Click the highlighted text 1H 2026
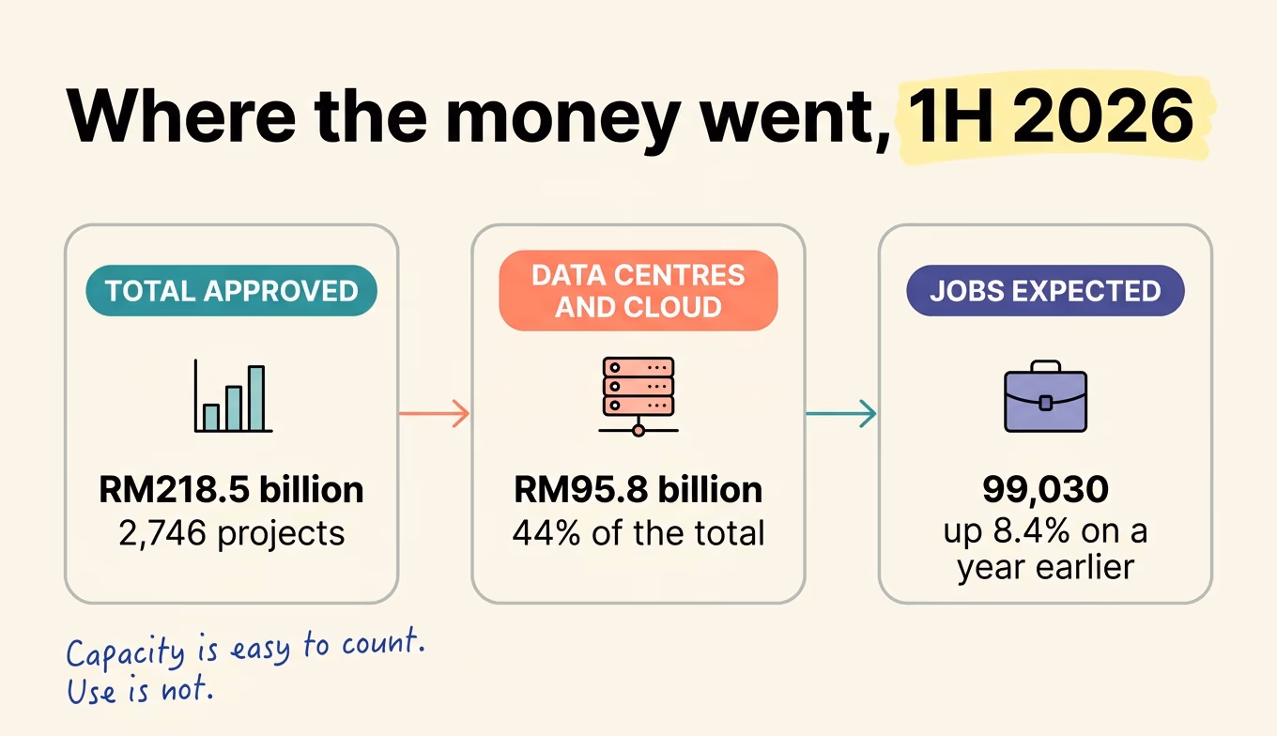coord(1050,115)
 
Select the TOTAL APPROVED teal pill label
coord(231,291)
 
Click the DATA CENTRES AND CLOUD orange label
coord(638,291)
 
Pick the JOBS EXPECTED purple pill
coord(1046,291)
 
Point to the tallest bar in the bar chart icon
coord(256,398)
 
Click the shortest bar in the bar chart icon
coord(211,418)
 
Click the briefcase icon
coord(1046,396)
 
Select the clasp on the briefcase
coord(1046,403)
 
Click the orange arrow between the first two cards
coord(435,413)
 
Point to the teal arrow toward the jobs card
coord(841,413)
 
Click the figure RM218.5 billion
coord(231,490)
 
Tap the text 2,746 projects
coord(231,533)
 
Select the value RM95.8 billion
coord(638,490)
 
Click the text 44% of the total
coord(638,533)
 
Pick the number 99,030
coord(1046,490)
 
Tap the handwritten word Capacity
coord(126,652)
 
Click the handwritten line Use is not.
coord(140,689)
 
